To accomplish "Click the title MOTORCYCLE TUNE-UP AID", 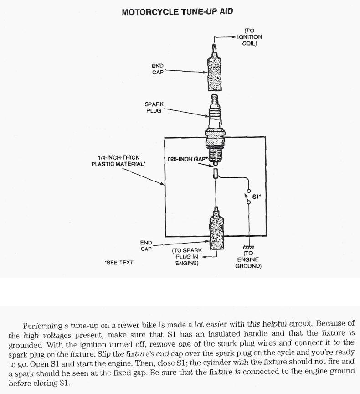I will (177, 12).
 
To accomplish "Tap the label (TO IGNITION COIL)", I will (249, 37).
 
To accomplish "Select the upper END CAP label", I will (158, 69).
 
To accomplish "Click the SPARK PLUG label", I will (154, 108).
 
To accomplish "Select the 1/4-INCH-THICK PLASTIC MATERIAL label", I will (118, 161).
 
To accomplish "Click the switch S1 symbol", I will (249, 197).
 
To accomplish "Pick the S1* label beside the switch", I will (257, 197).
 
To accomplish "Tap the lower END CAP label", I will (146, 246).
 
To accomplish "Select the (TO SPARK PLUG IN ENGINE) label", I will (187, 257).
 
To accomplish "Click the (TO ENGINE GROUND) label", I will (248, 259).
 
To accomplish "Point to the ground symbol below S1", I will (248, 246).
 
